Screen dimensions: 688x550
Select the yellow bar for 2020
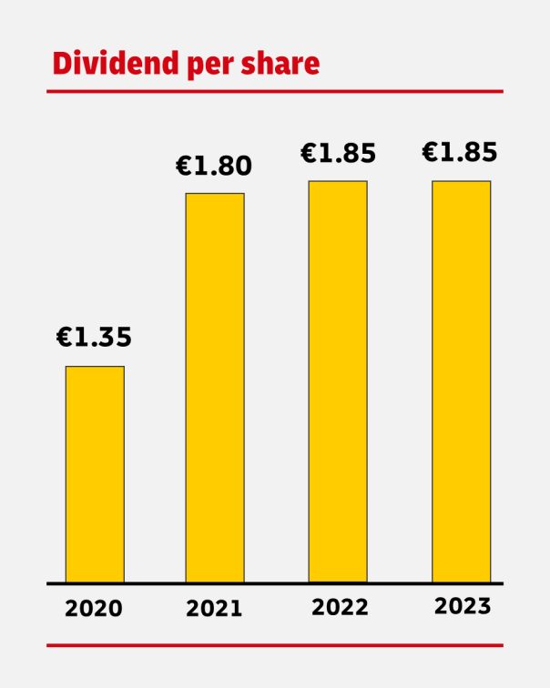(x=95, y=473)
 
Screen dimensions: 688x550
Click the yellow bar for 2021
(x=215, y=387)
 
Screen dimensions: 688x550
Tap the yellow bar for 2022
(x=338, y=380)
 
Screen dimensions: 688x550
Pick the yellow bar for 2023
(x=461, y=380)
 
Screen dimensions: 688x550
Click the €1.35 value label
(x=95, y=338)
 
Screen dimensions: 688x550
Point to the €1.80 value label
(x=214, y=167)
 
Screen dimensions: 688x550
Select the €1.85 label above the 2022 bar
(x=338, y=154)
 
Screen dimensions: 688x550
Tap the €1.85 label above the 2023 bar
(x=460, y=154)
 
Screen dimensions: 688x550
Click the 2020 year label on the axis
(x=93, y=609)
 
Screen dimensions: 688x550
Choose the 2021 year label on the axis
(x=214, y=609)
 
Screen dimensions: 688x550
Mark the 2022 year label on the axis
(x=340, y=607)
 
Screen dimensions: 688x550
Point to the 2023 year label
(x=463, y=606)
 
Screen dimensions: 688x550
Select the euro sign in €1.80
(x=185, y=167)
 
